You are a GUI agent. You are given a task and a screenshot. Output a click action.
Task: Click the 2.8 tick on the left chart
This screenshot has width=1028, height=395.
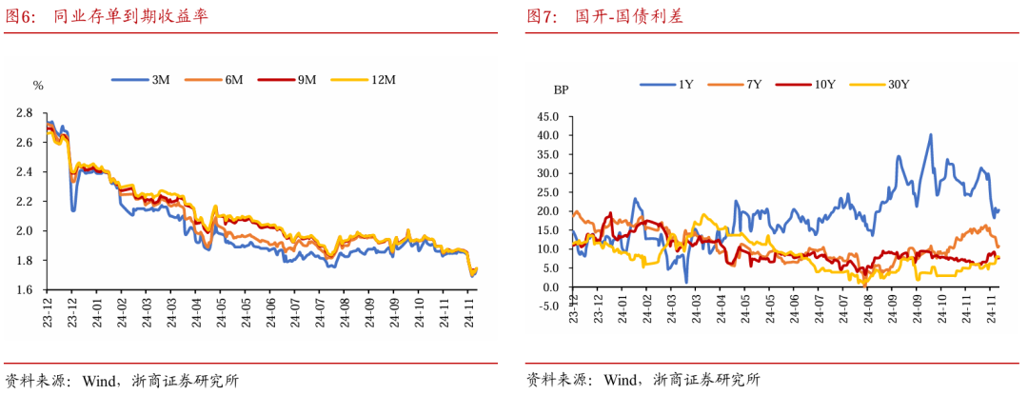pyautogui.click(x=25, y=113)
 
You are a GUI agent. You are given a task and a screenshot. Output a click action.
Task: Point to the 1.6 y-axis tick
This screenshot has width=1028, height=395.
pyautogui.click(x=25, y=289)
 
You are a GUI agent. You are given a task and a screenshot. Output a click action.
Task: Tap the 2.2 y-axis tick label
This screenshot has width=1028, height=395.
pyautogui.click(x=25, y=201)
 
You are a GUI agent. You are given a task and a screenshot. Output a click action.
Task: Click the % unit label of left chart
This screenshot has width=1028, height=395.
pyautogui.click(x=38, y=86)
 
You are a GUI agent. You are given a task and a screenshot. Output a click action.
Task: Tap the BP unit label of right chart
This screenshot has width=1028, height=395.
pyautogui.click(x=561, y=90)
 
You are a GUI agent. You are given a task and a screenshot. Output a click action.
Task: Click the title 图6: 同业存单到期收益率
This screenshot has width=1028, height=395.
pyautogui.click(x=106, y=17)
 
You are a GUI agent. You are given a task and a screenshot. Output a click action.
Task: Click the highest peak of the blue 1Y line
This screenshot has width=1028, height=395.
pyautogui.click(x=930, y=135)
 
